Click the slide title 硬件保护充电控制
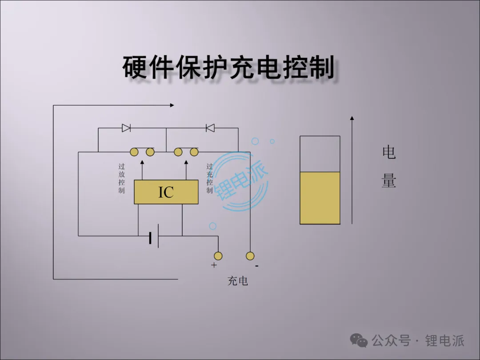(x=228, y=68)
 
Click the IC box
(x=166, y=192)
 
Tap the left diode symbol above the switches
(x=126, y=128)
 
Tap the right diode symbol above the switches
(x=210, y=128)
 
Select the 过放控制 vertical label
(x=121, y=178)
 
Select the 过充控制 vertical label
(x=209, y=178)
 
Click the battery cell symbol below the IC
(x=154, y=236)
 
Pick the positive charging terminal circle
(x=218, y=256)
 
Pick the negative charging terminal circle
(x=250, y=256)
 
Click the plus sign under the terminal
(x=214, y=265)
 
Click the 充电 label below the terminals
(x=238, y=281)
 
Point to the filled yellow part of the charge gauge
(x=320, y=198)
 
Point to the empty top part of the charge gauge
(x=320, y=154)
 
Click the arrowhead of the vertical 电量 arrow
(x=352, y=118)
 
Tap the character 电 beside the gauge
(x=389, y=152)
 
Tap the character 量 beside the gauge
(x=389, y=181)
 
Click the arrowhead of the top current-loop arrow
(x=172, y=105)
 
